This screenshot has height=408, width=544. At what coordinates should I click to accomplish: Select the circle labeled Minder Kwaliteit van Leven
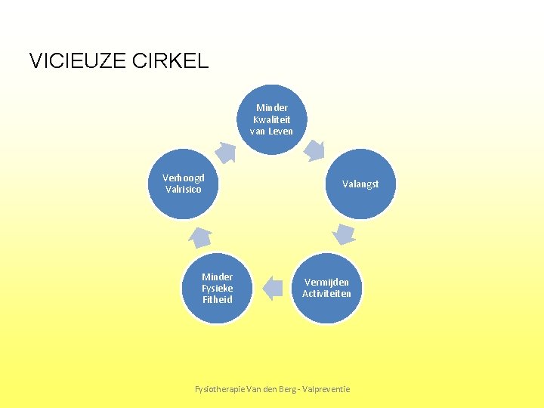(271, 119)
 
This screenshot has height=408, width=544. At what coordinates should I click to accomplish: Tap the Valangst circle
(360, 184)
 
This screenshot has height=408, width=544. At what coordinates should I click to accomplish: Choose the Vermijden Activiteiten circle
(326, 288)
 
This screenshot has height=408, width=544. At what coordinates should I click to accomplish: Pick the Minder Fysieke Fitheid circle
(217, 288)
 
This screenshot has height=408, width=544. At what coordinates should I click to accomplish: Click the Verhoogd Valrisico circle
(184, 184)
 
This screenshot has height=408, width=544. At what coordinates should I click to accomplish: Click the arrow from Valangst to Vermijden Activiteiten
(345, 234)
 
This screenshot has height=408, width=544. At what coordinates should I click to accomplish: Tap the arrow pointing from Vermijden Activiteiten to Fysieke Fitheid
(271, 288)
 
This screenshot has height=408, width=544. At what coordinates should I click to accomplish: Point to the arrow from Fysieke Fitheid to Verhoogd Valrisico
(199, 236)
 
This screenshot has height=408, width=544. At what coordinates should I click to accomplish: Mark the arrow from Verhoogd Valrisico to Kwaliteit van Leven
(226, 152)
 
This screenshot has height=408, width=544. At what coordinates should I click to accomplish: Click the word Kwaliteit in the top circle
(271, 119)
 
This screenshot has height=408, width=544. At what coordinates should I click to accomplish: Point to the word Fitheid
(217, 299)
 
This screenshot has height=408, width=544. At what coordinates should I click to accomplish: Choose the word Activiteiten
(326, 294)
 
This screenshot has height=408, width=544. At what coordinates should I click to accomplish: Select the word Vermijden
(326, 282)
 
